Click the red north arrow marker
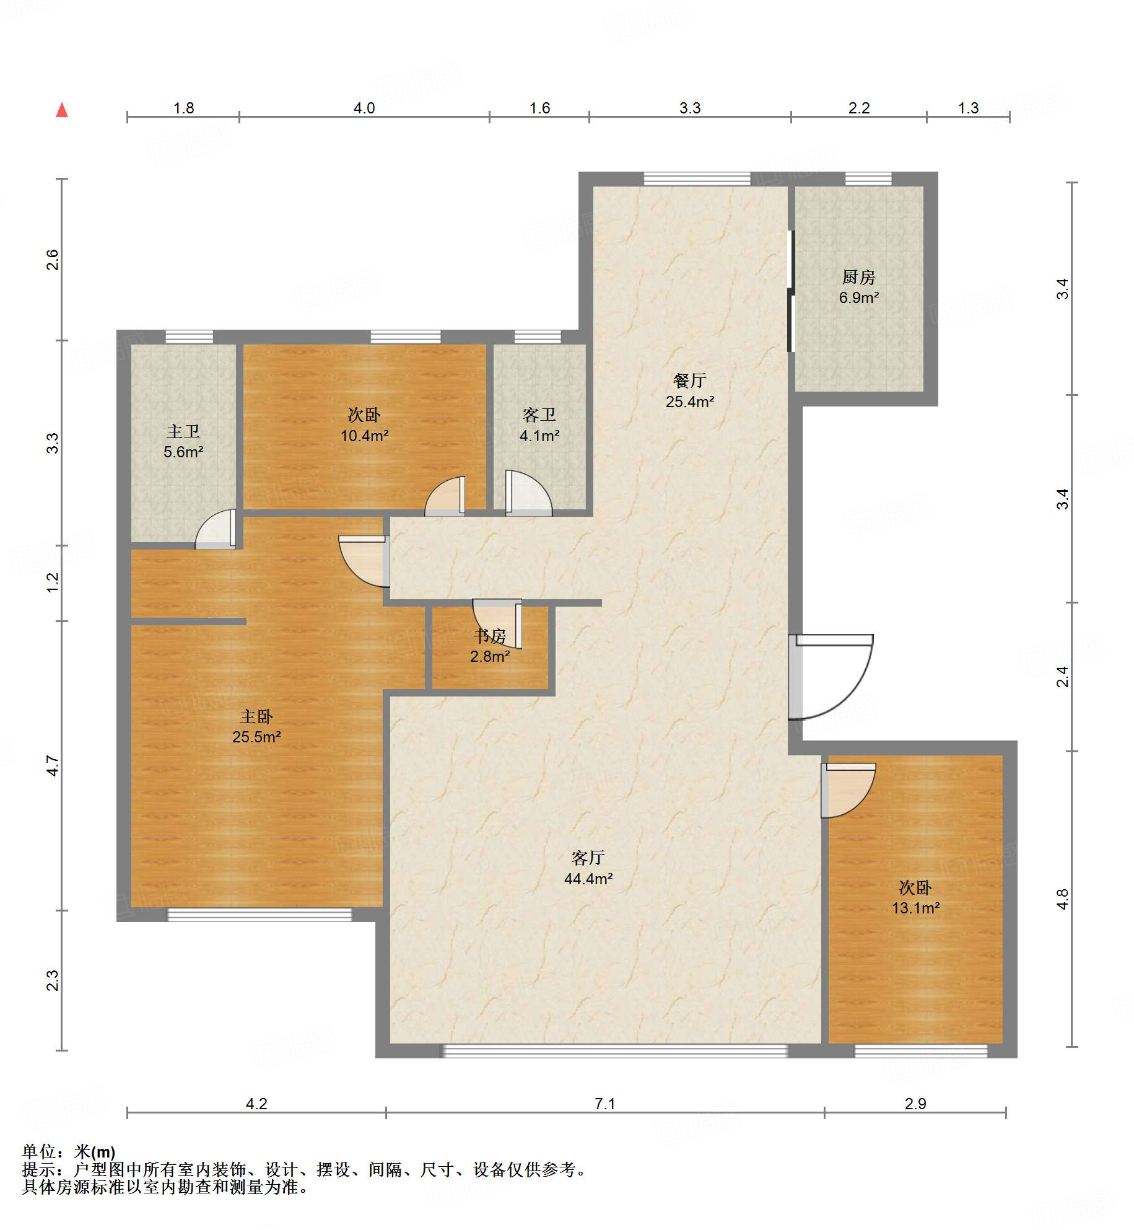coord(62,110)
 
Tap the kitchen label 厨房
coord(858,277)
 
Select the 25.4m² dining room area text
coord(690,402)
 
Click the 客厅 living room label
coord(588,858)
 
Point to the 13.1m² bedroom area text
coord(915,908)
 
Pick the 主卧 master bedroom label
coord(256,716)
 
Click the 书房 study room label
coord(490,636)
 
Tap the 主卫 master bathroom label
coord(183,431)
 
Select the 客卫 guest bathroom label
coord(539,415)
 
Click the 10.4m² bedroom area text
coord(365,436)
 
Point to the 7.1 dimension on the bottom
coord(604,1104)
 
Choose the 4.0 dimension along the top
coord(364,108)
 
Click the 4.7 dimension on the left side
coord(53,766)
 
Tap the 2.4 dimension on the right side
coord(1063,677)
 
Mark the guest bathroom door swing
coord(528,493)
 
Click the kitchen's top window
coord(868,179)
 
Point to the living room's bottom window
coord(616,1050)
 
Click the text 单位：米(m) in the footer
coord(69,1152)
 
